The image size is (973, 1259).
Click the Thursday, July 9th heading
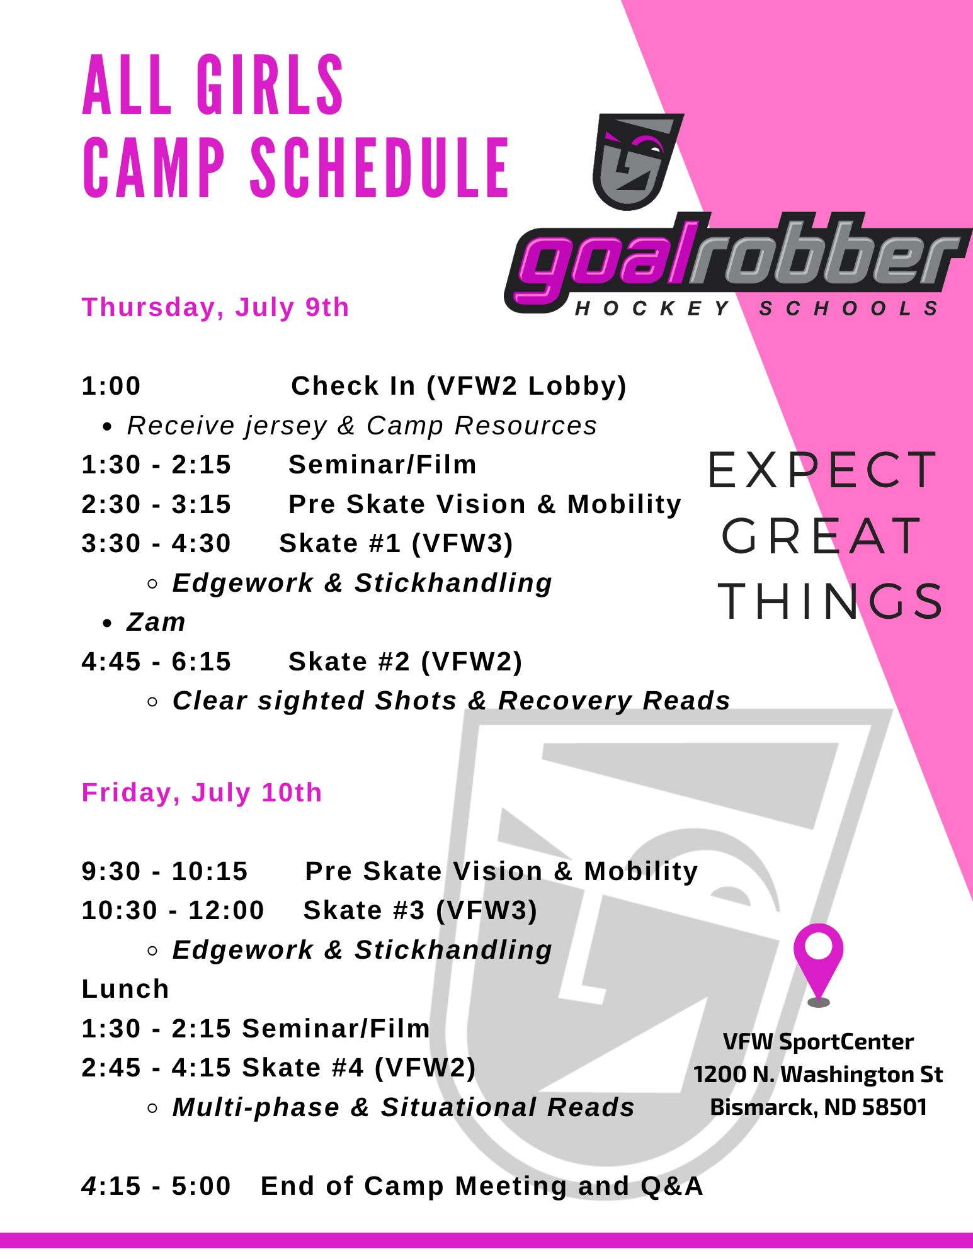click(x=215, y=307)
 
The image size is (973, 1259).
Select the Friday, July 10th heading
click(x=202, y=793)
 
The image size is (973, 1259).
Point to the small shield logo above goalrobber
click(x=638, y=161)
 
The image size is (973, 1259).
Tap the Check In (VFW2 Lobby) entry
click(x=458, y=386)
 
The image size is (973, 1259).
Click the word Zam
click(x=156, y=622)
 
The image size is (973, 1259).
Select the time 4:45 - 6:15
click(x=157, y=662)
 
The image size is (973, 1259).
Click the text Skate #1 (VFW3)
click(x=396, y=543)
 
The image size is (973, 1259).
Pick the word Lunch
click(x=125, y=989)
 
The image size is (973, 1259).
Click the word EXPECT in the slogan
click(x=822, y=470)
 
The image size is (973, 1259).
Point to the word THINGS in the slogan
click(x=831, y=601)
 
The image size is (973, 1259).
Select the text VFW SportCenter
click(x=818, y=1042)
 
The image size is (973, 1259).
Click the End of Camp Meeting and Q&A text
click(x=482, y=1186)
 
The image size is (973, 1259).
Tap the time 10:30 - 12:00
click(x=173, y=910)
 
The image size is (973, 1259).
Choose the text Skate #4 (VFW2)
click(x=359, y=1068)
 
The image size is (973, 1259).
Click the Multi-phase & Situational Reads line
click(x=403, y=1107)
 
